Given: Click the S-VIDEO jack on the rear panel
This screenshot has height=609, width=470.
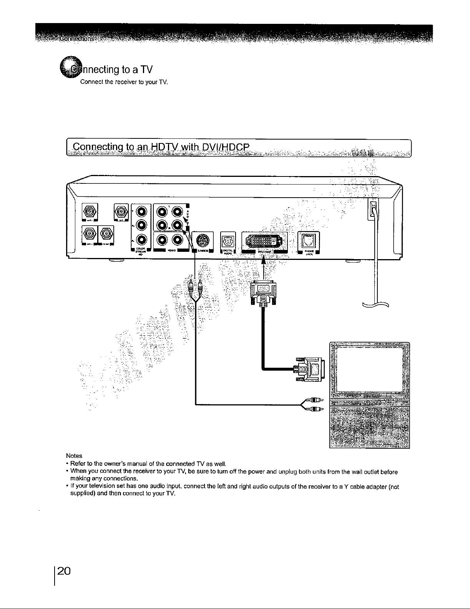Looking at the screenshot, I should click(203, 241).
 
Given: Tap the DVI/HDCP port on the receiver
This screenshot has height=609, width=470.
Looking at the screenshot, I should click(264, 241).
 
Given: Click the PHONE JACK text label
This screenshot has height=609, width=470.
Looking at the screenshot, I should click(309, 253).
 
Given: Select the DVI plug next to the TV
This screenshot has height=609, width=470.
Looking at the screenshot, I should click(311, 368).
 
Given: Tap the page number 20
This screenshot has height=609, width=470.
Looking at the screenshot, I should click(64, 570).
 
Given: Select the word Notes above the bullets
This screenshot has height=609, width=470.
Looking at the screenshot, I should click(74, 456).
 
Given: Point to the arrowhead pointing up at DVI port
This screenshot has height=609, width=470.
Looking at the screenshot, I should click(264, 261).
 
